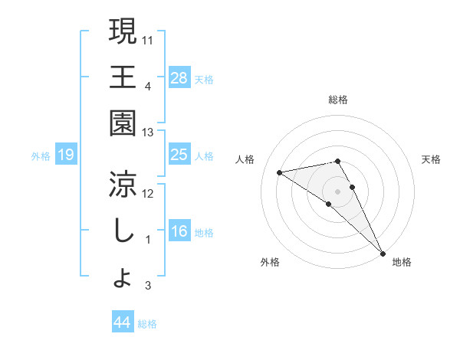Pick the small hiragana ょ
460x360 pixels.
pyautogui.click(x=122, y=279)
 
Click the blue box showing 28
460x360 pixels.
pyautogui.click(x=179, y=77)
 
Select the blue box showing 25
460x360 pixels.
pyautogui.click(x=179, y=155)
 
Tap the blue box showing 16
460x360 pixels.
pyautogui.click(x=179, y=231)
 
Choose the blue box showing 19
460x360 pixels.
pyautogui.click(x=66, y=155)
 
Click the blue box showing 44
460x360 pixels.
pyautogui.click(x=123, y=322)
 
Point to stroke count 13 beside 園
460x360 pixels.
pyautogui.click(x=149, y=133)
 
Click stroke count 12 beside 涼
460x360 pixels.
pyautogui.click(x=149, y=192)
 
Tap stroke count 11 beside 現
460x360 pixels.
pyautogui.click(x=149, y=38)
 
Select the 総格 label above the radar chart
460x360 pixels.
pyautogui.click(x=338, y=100)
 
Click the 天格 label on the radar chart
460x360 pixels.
pyautogui.click(x=432, y=159)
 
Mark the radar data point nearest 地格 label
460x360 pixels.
pyautogui.click(x=382, y=253)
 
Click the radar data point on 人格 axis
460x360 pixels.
pyautogui.click(x=280, y=172)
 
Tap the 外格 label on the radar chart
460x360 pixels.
pyautogui.click(x=270, y=262)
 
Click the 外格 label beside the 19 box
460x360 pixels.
pyautogui.click(x=41, y=156)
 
